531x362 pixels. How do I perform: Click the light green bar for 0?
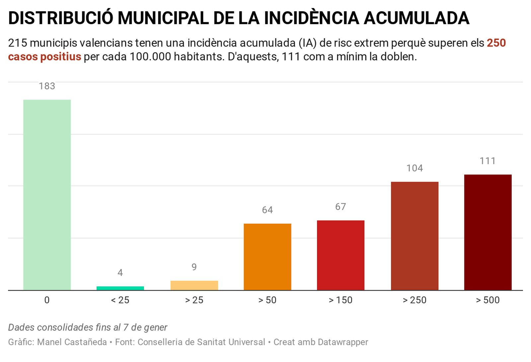pyautogui.click(x=47, y=195)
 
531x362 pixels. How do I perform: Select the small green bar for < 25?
pyautogui.click(x=120, y=288)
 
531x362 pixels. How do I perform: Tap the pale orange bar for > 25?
pyautogui.click(x=194, y=285)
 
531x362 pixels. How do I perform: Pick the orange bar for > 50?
pyautogui.click(x=267, y=257)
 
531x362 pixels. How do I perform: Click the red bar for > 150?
pyautogui.click(x=341, y=255)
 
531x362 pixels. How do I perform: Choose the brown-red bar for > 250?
pyautogui.click(x=415, y=236)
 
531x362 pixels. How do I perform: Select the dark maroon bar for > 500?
pyautogui.click(x=488, y=232)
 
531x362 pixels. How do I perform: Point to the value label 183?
pyautogui.click(x=47, y=86)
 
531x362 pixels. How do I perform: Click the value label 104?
pyautogui.click(x=415, y=168)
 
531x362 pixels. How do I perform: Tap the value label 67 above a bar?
pyautogui.click(x=341, y=207)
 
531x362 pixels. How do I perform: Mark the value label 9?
pyautogui.click(x=194, y=267)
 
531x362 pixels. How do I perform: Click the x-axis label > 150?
pyautogui.click(x=341, y=300)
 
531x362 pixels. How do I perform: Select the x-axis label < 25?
pyautogui.click(x=120, y=300)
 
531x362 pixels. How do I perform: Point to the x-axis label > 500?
pyautogui.click(x=488, y=300)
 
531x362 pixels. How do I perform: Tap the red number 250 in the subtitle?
pyautogui.click(x=496, y=43)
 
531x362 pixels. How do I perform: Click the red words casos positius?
pyautogui.click(x=44, y=57)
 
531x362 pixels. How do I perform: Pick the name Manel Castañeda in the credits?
pyautogui.click(x=72, y=342)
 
